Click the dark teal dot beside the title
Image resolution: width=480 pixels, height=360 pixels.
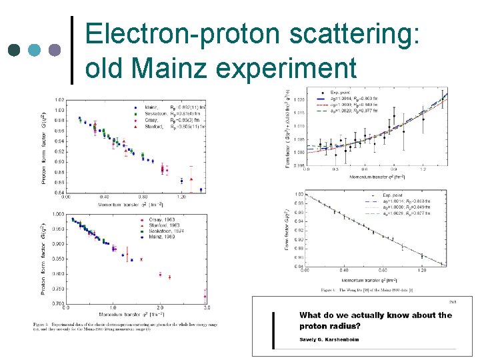[15, 50]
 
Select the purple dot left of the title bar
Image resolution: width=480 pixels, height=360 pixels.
[55, 50]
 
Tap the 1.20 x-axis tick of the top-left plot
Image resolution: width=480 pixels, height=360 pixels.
[181, 197]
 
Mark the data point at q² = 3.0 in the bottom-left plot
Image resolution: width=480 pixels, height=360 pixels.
[205, 296]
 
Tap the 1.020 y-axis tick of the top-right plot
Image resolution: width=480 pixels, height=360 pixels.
[298, 99]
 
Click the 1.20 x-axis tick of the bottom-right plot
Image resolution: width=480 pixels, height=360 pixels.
[423, 271]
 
